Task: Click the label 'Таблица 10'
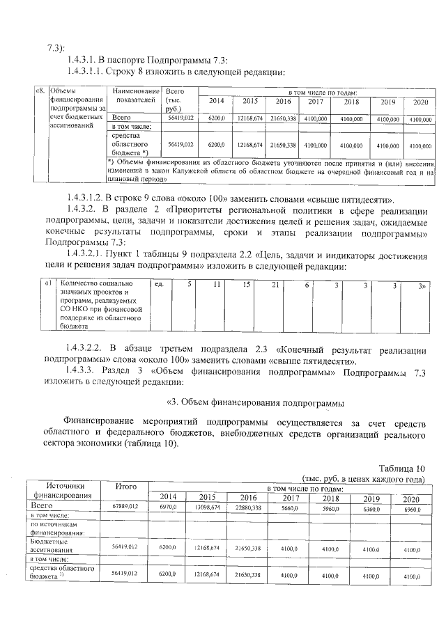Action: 401,468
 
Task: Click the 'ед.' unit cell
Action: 160,284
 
